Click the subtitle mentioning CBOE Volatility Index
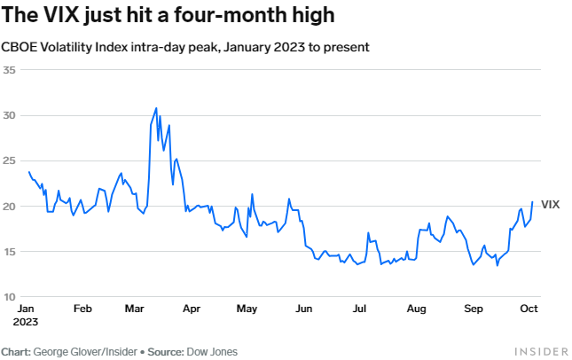tap(184, 46)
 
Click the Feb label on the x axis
tap(82, 309)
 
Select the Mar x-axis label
tap(136, 309)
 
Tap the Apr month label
tap(191, 309)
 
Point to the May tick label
tap(247, 309)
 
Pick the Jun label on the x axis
tap(303, 309)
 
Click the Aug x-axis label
tap(415, 309)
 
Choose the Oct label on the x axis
tap(528, 309)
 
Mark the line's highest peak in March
tap(156, 108)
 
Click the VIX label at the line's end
tap(550, 204)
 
